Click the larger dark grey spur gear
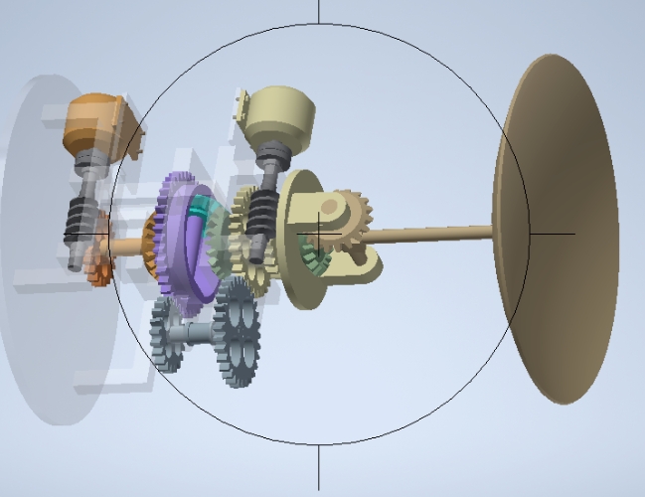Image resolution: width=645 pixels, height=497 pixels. click(238, 333)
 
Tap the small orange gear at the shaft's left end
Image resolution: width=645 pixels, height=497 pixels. click(95, 266)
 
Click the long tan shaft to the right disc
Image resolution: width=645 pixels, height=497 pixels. click(427, 235)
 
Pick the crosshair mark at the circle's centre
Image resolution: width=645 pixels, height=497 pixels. click(319, 234)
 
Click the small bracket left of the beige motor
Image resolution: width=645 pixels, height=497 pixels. click(241, 104)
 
